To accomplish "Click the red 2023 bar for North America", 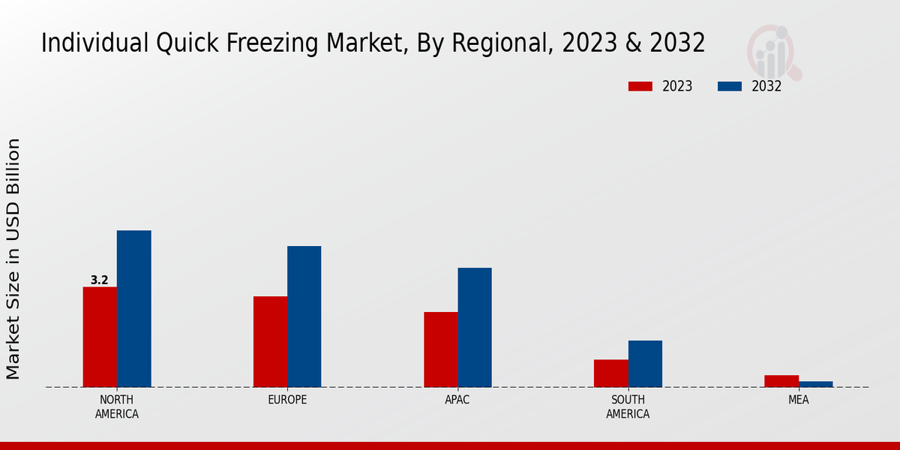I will (100, 337).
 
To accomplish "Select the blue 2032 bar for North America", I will (133, 308).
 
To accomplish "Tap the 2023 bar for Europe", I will (270, 341).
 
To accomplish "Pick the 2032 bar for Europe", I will (304, 316).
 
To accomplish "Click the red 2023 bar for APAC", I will (440, 349).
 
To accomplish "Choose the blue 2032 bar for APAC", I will (474, 327).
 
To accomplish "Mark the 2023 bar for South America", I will (610, 373).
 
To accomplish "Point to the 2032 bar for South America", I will (645, 364).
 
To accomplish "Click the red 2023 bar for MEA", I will (781, 381).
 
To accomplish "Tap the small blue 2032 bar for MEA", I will (815, 384).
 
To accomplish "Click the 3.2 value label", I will (99, 280).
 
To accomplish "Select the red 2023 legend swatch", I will (640, 86).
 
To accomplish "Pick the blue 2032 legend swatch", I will (730, 86).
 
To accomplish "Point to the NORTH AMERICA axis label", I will (117, 406).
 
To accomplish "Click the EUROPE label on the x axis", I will (287, 400).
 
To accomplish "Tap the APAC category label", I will (457, 400).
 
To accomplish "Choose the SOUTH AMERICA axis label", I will (628, 406).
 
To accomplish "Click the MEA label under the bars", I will (798, 400).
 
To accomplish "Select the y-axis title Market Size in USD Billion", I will (13, 259).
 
